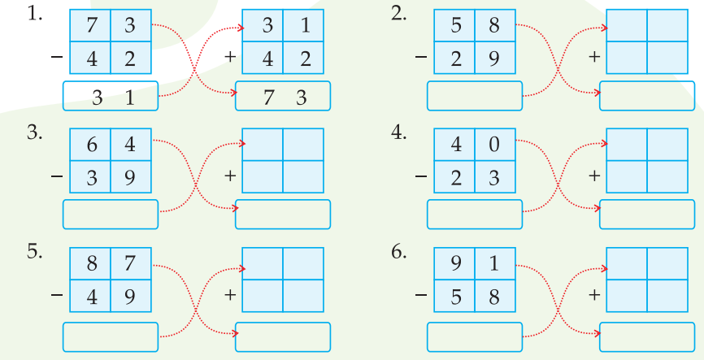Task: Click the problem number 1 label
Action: pyautogui.click(x=34, y=15)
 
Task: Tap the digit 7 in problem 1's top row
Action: pyautogui.click(x=91, y=26)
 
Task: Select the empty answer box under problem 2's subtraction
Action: pyautogui.click(x=474, y=97)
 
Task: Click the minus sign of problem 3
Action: pyautogui.click(x=55, y=176)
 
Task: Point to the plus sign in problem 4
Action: pyautogui.click(x=594, y=176)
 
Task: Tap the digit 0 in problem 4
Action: pyautogui.click(x=494, y=145)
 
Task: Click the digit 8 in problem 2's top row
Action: pyautogui.click(x=494, y=26)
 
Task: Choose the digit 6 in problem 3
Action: pyautogui.click(x=91, y=145)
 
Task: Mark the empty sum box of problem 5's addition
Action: pyautogui.click(x=282, y=336)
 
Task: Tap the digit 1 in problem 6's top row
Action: pyautogui.click(x=494, y=264)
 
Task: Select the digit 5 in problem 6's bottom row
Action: pyautogui.click(x=455, y=295)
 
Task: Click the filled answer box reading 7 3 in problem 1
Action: pyautogui.click(x=282, y=98)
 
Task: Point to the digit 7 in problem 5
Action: pyautogui.click(x=130, y=264)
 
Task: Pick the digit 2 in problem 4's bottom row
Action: pyautogui.click(x=455, y=176)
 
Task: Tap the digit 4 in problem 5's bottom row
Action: pyautogui.click(x=91, y=295)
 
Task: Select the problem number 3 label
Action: pyautogui.click(x=34, y=133)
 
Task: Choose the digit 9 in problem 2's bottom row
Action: pyautogui.click(x=494, y=57)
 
